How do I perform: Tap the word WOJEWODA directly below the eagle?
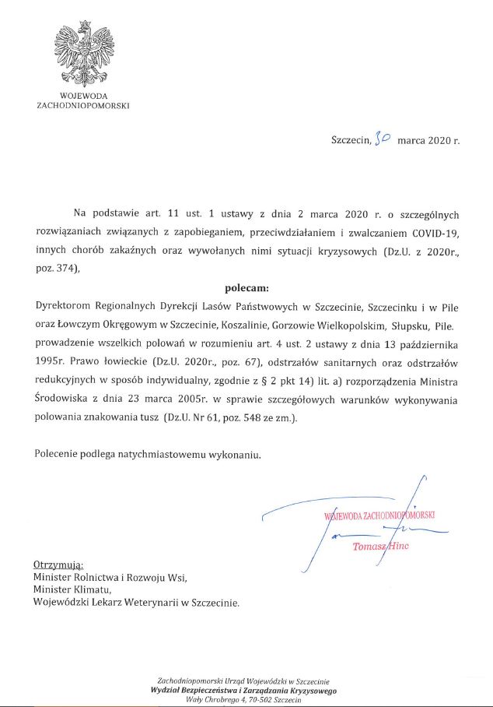83,96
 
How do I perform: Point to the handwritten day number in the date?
382,140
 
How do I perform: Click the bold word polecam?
246,287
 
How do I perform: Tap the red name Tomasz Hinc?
380,547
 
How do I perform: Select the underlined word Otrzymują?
58,564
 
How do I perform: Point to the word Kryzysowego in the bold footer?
309,691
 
